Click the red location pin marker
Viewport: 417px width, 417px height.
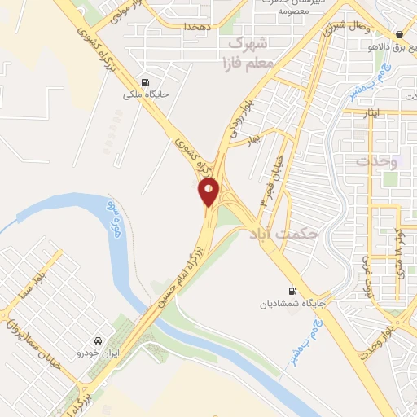pos(209,192)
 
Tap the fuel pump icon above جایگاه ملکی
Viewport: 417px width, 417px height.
pos(145,82)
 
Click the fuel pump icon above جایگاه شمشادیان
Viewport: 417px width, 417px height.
pos(292,291)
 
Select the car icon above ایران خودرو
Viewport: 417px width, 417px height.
pos(97,340)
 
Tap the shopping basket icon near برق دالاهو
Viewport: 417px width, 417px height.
pos(399,35)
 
